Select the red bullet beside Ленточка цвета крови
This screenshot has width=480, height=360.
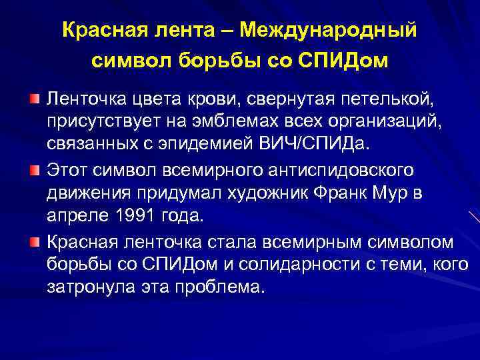(34, 99)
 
